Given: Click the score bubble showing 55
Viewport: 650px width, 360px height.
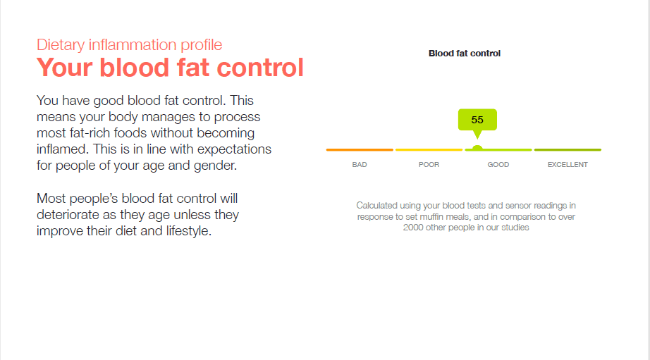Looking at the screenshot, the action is (x=477, y=120).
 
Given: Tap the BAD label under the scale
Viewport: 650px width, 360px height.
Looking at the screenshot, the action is (x=360, y=164).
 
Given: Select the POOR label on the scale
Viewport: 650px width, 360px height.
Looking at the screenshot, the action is (x=429, y=164).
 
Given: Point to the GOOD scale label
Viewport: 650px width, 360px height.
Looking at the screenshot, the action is (x=498, y=164).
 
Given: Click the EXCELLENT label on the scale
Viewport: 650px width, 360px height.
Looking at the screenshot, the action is (x=568, y=164).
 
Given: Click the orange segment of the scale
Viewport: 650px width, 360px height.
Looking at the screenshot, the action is (x=360, y=149).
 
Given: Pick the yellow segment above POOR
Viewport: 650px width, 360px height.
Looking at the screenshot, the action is (x=429, y=149).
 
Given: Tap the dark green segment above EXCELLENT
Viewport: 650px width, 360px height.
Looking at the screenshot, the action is (x=568, y=149).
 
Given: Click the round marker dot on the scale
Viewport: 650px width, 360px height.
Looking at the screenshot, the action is (x=477, y=148).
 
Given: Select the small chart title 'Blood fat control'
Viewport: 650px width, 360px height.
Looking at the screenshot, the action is (x=465, y=54).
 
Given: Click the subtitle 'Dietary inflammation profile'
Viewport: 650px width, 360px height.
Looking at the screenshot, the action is (x=129, y=45).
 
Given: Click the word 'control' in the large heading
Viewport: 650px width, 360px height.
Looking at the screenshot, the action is (x=260, y=68).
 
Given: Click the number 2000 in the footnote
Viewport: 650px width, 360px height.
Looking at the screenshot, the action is (x=413, y=228).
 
